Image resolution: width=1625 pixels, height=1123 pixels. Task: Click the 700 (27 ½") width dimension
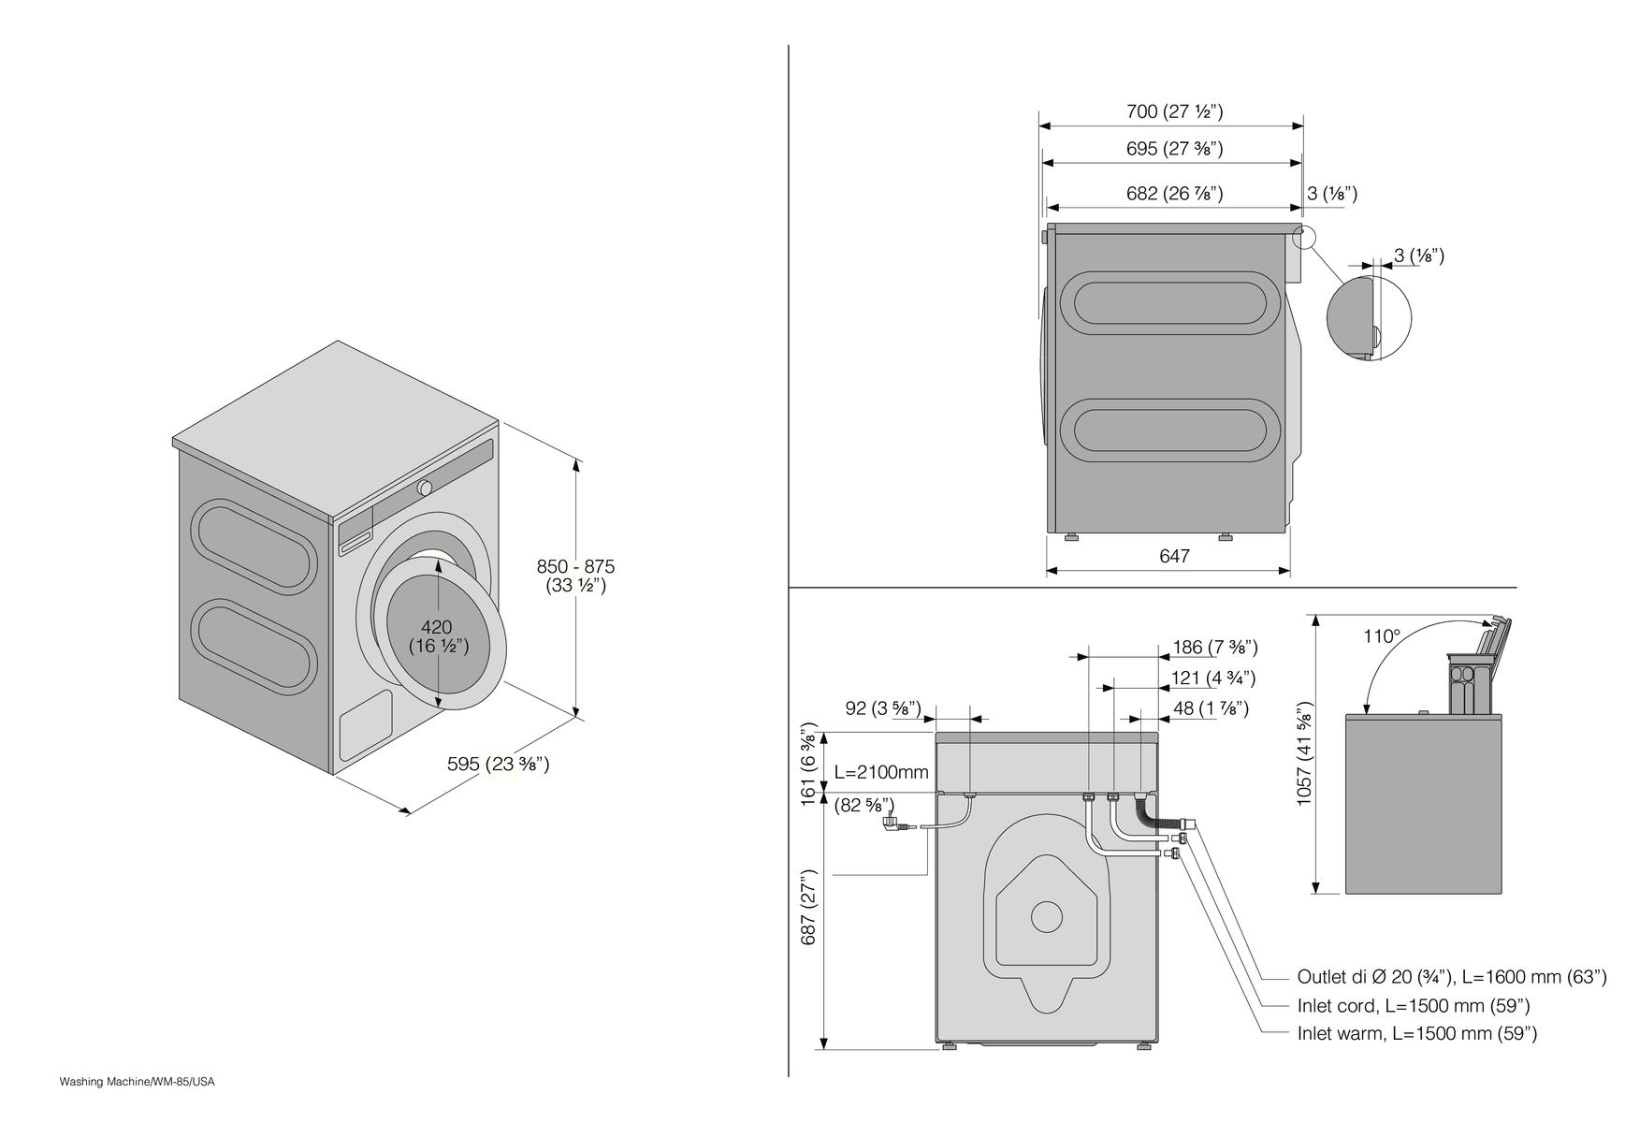[x=1174, y=112]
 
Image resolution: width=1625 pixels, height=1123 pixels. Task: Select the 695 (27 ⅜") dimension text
[x=1174, y=149]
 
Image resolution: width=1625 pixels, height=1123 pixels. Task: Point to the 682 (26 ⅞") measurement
[x=1174, y=194]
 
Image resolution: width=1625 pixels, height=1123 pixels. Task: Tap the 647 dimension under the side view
[x=1174, y=556]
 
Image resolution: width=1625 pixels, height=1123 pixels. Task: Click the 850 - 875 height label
[x=575, y=567]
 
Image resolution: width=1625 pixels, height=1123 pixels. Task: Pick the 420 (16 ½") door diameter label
[x=438, y=636]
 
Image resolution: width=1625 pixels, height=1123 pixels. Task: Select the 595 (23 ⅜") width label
[x=498, y=765]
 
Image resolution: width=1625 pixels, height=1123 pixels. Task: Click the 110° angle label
[x=1382, y=636]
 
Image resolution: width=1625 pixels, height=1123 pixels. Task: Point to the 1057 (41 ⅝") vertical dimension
[x=1305, y=753]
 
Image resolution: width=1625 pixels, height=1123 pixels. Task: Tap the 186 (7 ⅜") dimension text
[x=1214, y=647]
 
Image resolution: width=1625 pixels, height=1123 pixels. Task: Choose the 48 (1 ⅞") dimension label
[x=1211, y=708]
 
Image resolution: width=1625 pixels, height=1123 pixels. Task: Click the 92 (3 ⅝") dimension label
[x=883, y=708]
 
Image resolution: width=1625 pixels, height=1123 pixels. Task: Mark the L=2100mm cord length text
[x=881, y=772]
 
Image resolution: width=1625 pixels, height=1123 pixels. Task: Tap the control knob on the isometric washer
[x=425, y=488]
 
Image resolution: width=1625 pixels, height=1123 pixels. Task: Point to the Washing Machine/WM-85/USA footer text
[x=138, y=1082]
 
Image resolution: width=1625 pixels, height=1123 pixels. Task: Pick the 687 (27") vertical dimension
[x=809, y=908]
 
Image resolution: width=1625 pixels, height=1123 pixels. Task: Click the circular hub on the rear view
[x=1046, y=916]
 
